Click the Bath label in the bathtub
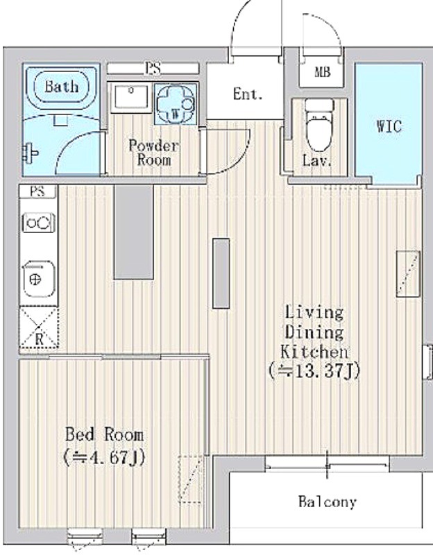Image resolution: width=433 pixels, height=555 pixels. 62,87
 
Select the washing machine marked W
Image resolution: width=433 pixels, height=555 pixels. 176,104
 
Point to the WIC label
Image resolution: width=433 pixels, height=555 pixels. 389,126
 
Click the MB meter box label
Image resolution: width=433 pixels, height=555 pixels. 322,72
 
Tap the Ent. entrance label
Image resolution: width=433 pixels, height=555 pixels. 248,94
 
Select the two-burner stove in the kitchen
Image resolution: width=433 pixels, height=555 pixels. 39,223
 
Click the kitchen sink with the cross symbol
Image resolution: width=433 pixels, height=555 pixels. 39,280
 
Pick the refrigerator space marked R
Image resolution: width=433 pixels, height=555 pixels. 39,327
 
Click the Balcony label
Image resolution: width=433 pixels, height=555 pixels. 327,502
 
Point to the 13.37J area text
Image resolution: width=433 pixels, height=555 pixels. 314,371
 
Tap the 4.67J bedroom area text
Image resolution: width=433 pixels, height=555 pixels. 103,458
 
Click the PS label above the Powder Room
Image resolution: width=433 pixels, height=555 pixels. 153,68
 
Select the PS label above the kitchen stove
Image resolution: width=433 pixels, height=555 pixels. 37,191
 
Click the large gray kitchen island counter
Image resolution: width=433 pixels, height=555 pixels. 133,232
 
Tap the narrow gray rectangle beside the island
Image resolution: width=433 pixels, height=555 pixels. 221,273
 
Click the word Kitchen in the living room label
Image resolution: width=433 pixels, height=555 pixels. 314,352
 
